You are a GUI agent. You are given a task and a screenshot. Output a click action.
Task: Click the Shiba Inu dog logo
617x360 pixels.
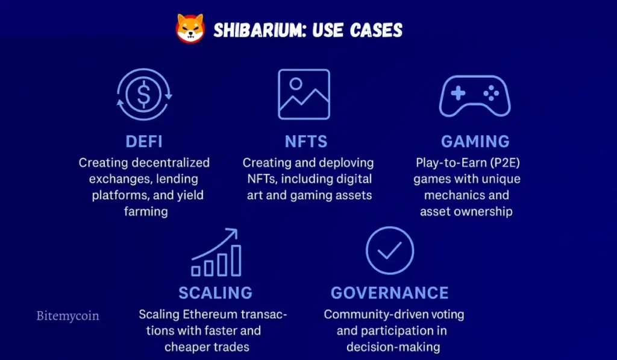pos(190,28)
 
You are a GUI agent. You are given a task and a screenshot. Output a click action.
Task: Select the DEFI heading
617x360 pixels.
pos(144,142)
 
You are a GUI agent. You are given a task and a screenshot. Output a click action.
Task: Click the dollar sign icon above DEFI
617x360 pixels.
pos(144,95)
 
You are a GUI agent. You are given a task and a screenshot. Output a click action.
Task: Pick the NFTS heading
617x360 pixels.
pos(306,142)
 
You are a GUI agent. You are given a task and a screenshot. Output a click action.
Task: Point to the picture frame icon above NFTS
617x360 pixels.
pos(304,94)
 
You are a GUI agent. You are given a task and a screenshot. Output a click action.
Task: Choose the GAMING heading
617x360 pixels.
pos(475,142)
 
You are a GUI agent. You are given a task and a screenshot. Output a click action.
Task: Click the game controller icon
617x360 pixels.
pos(475,95)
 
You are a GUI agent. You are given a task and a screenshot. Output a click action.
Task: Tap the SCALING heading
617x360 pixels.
pos(215,293)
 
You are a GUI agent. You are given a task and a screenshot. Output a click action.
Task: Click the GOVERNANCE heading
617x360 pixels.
pos(389,293)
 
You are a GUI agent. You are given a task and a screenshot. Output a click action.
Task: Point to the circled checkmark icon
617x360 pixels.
pos(390,250)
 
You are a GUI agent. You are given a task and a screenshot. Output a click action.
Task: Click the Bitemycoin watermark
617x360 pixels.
pos(67,315)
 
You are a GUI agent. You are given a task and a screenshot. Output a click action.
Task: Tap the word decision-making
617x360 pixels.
pos(393,347)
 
